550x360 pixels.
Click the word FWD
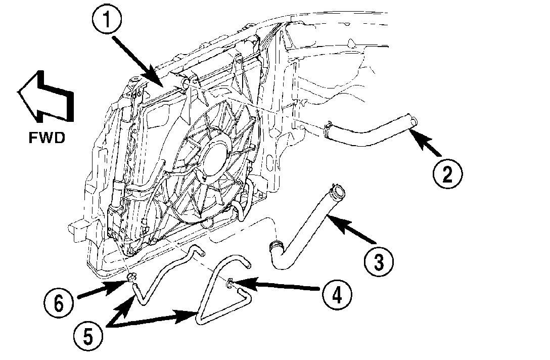click(47, 138)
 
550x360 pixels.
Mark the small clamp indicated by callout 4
click(230, 283)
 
